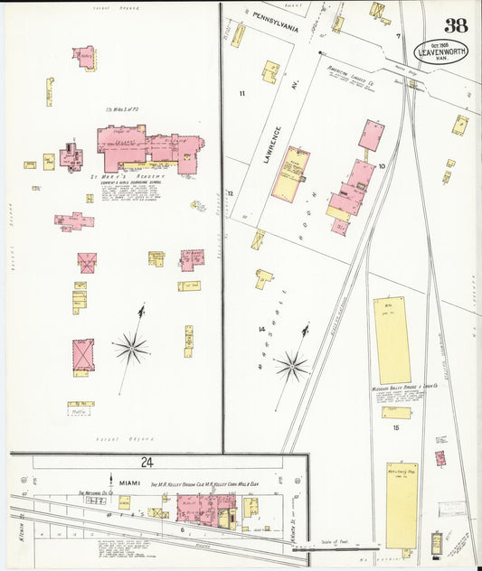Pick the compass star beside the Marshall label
(291, 366)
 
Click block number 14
(261, 329)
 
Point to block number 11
(241, 94)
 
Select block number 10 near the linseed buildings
(381, 166)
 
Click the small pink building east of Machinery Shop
(440, 458)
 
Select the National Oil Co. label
(93, 493)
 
